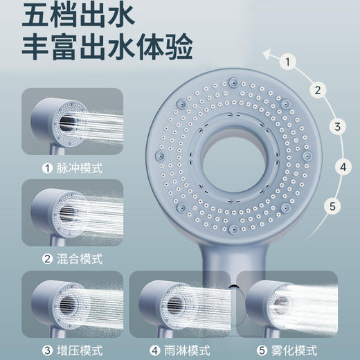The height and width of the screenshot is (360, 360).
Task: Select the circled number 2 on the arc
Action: (x=317, y=89)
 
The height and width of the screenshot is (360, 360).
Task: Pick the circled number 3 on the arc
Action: (x=337, y=126)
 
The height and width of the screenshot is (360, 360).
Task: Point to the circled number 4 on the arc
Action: (x=342, y=166)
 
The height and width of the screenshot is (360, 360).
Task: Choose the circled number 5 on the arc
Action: (x=333, y=206)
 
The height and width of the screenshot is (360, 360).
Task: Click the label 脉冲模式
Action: (x=78, y=168)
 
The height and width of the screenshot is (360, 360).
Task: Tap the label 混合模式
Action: (x=78, y=258)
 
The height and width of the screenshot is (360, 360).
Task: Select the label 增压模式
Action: (x=78, y=349)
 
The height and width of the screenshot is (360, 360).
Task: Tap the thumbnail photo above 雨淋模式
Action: (x=179, y=305)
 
